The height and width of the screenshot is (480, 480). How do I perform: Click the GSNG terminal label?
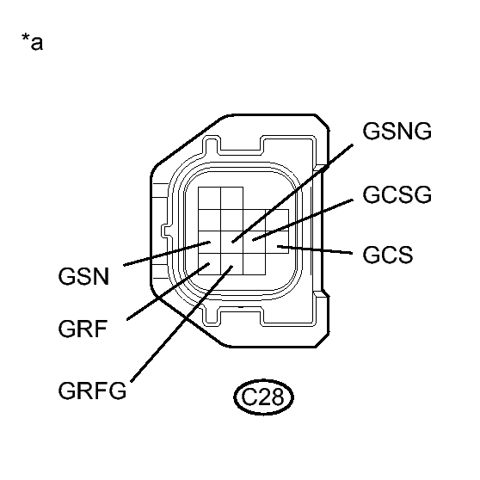(397, 132)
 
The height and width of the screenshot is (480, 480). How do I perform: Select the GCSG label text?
(397, 195)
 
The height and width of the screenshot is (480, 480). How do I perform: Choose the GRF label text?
(84, 331)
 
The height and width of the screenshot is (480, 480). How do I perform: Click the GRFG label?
(94, 391)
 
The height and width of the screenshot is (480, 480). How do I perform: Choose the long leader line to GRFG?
(181, 327)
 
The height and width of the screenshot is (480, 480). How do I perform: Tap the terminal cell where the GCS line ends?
(277, 249)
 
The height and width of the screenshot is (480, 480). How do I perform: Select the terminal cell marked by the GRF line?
(209, 263)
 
